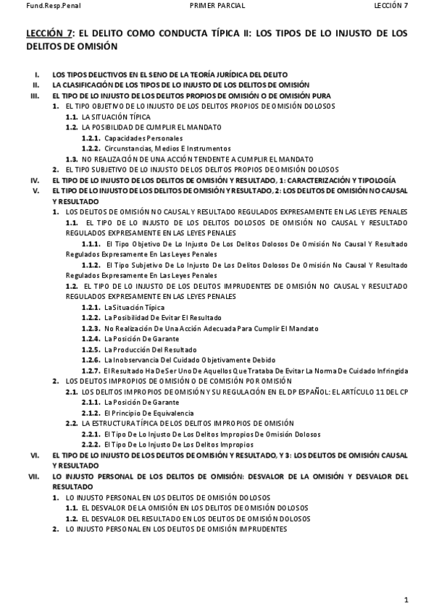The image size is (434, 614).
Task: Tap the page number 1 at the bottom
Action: click(406, 599)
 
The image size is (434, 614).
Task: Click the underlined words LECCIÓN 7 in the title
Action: click(49, 33)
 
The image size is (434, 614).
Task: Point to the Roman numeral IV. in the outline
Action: click(34, 180)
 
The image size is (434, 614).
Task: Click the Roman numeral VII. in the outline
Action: click(33, 476)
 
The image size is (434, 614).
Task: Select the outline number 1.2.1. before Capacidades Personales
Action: click(91, 138)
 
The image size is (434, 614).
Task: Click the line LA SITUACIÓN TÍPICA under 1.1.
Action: click(116, 117)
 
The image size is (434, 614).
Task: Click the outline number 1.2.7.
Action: click(91, 370)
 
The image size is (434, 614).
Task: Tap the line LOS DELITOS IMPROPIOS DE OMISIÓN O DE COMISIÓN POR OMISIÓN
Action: click(178, 381)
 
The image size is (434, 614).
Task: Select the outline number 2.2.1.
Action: click(91, 434)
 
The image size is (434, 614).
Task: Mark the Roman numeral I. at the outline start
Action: click(37, 75)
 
